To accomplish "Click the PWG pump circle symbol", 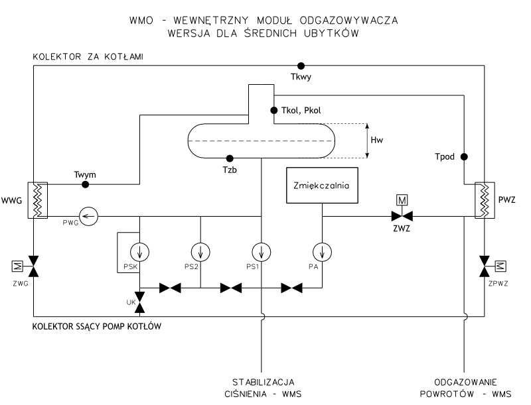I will pos(88,215).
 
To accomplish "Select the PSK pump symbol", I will pos(140,251).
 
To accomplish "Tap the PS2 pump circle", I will pos(200,251).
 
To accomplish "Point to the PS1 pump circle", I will pos(262,251).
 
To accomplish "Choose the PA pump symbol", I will pos(322,251).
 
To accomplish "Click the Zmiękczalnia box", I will pos(322,186).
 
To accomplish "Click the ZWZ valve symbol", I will pos(401,215).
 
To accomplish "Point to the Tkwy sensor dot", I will pos(301,65).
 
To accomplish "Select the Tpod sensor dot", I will pos(464,156).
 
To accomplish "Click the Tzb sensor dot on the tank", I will pos(230,158).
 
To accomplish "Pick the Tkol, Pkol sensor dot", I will pos(272,110).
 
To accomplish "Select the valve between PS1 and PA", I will pos(292,288).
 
